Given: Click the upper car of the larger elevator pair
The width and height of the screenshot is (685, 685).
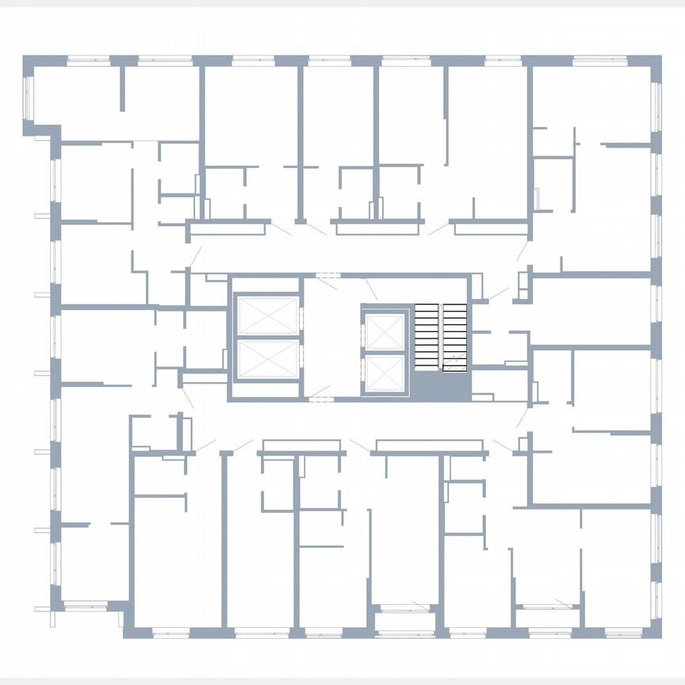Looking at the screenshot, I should [x=268, y=316].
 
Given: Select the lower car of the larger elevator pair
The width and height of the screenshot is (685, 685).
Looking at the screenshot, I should [x=268, y=359].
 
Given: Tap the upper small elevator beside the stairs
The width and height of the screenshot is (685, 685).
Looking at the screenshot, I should [x=385, y=331].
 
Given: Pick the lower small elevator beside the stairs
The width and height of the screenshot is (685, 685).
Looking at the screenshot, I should [x=385, y=373].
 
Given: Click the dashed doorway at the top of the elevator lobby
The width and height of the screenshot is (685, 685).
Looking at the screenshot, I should [x=327, y=275].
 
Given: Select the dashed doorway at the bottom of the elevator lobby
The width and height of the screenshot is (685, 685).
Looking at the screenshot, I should [x=320, y=398].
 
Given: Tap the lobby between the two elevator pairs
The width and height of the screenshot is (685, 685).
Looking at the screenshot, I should [x=331, y=337].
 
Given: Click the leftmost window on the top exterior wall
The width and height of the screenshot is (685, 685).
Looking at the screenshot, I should [x=88, y=59].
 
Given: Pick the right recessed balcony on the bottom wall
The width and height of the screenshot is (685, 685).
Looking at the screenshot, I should [x=547, y=607].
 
